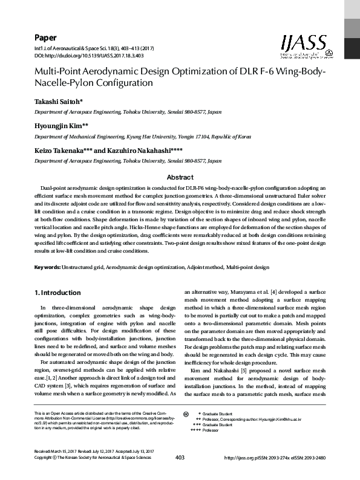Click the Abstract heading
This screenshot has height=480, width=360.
tap(180, 177)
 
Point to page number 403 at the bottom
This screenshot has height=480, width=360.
tap(180, 458)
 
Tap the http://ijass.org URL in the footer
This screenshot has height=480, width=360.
tap(241, 458)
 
